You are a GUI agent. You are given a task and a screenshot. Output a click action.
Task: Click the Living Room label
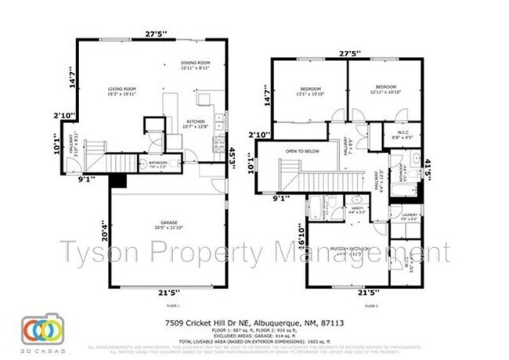122,91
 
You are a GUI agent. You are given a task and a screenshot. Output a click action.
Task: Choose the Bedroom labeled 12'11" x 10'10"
385,88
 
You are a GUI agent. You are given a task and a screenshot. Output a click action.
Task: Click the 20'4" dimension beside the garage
103,229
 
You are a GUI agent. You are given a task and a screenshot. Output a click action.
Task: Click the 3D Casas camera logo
37,329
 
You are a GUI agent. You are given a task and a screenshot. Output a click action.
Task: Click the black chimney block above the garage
118,181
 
